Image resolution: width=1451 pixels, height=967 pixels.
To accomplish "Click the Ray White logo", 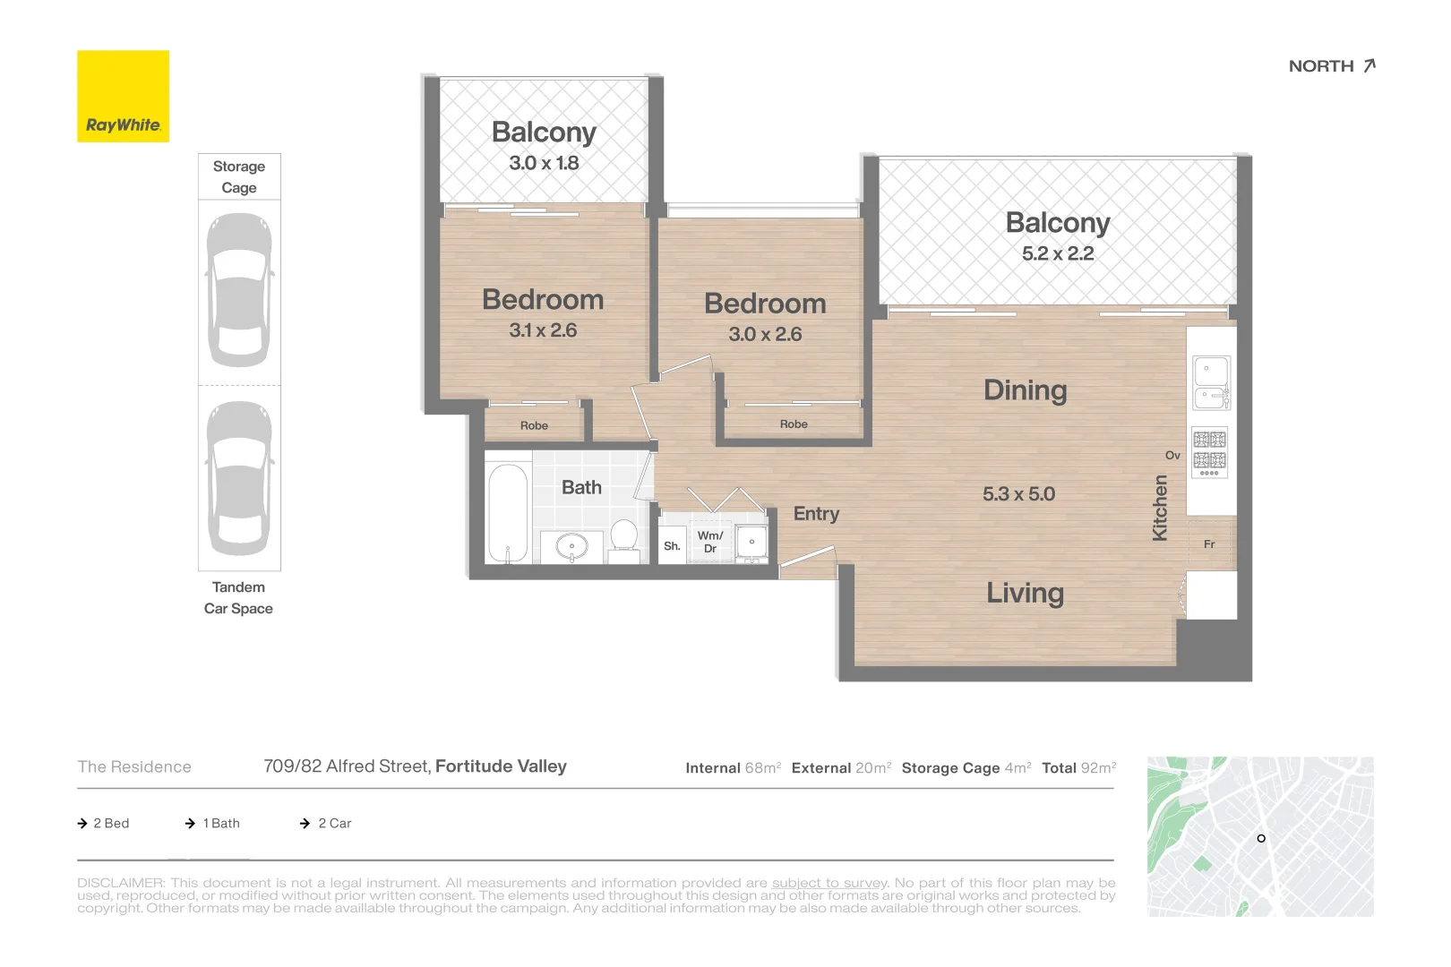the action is pyautogui.click(x=123, y=96).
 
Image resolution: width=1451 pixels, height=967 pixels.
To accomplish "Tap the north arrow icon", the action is pyautogui.click(x=1369, y=65).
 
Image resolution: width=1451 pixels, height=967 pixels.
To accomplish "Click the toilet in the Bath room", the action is pyautogui.click(x=624, y=542).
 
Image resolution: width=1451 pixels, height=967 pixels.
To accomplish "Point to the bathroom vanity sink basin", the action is pyautogui.click(x=572, y=546).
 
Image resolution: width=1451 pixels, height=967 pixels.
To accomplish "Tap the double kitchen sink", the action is pyautogui.click(x=1211, y=383).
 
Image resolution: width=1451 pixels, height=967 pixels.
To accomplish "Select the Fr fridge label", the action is pyautogui.click(x=1209, y=544).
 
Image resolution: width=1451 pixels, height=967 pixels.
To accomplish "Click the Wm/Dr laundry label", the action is pyautogui.click(x=710, y=542).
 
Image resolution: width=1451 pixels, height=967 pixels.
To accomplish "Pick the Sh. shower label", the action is pyautogui.click(x=672, y=546).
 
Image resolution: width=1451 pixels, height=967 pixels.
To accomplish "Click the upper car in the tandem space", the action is pyautogui.click(x=239, y=290).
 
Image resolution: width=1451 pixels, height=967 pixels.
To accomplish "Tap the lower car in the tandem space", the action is pyautogui.click(x=239, y=478).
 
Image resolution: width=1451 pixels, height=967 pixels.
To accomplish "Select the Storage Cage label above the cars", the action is pyautogui.click(x=239, y=176).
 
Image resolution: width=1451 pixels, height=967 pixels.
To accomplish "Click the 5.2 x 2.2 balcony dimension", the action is pyautogui.click(x=1058, y=253).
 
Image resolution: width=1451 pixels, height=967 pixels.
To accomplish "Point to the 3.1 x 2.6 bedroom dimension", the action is pyautogui.click(x=543, y=330).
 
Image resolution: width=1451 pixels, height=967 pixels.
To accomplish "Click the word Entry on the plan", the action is pyautogui.click(x=816, y=514).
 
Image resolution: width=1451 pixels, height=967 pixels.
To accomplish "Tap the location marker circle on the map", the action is pyautogui.click(x=1261, y=838).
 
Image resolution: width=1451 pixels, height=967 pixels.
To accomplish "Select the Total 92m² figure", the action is pyautogui.click(x=1079, y=767).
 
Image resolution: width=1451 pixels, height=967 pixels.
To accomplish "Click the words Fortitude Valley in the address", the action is pyautogui.click(x=501, y=766).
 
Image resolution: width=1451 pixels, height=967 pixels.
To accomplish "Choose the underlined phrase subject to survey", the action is pyautogui.click(x=829, y=883).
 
